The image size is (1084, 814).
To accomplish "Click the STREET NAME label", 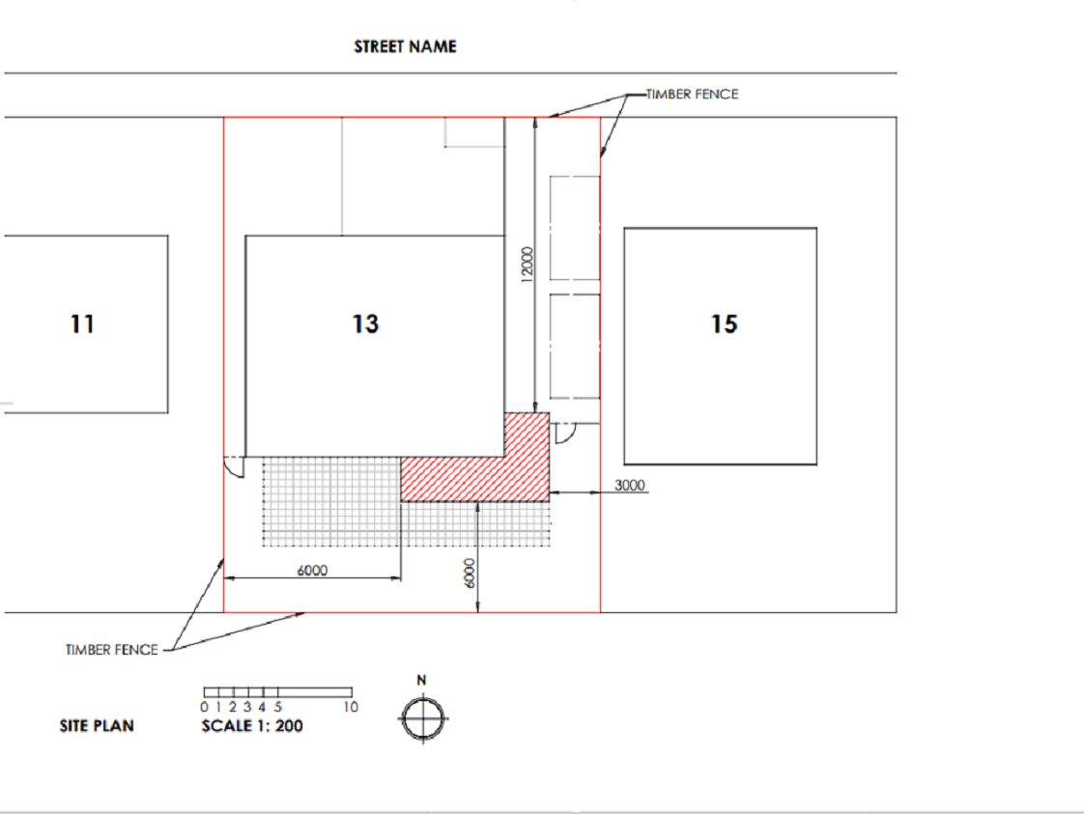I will pos(405,46).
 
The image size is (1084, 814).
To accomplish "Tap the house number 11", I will pos(83,323).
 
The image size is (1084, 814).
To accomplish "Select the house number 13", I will pos(365,323).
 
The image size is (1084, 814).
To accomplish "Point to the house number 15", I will pos(724,323).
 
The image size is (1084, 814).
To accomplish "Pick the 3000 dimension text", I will pos(630,485).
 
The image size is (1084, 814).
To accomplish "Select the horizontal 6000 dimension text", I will pos(311,571).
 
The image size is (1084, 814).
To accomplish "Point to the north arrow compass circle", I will pos(423,718).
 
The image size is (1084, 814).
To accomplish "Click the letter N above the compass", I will pos(422,682).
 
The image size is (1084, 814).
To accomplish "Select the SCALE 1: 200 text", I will pos(251,726).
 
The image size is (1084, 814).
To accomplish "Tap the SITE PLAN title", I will pos(97,726).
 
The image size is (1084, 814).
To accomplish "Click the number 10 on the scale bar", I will pos(350,707).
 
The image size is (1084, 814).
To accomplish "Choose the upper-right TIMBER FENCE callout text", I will pos(692,95).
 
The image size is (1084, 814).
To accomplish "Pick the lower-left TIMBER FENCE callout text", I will pos(111,650).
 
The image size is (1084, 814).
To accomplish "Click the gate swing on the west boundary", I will pos(235,467).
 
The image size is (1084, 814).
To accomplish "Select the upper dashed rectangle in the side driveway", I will pos(574,228).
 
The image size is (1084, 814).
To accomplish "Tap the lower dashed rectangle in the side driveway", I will pos(574,345).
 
